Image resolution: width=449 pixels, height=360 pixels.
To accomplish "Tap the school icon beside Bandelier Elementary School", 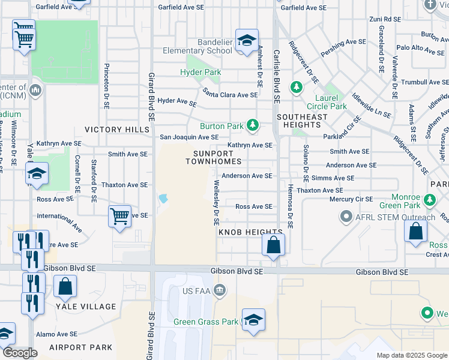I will [247, 40].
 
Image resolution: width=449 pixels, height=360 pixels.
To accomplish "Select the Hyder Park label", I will [200, 73].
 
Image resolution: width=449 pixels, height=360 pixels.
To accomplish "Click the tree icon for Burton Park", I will [253, 125].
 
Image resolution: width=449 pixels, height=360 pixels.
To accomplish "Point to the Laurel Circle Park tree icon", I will [296, 88].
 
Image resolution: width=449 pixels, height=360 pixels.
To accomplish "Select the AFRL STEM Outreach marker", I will [346, 216].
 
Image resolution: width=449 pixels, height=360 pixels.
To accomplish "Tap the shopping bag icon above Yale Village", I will [65, 286].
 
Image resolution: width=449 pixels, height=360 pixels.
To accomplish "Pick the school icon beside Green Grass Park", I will [253, 319].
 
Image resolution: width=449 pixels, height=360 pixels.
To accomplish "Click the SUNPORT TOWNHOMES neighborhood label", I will [213, 157].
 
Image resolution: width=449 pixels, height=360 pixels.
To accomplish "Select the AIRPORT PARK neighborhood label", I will [80, 347].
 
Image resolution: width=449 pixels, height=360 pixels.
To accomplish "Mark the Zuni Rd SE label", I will [385, 19].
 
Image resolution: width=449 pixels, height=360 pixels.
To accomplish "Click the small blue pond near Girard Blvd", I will [162, 199].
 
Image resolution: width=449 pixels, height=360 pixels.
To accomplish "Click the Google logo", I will [20, 353].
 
